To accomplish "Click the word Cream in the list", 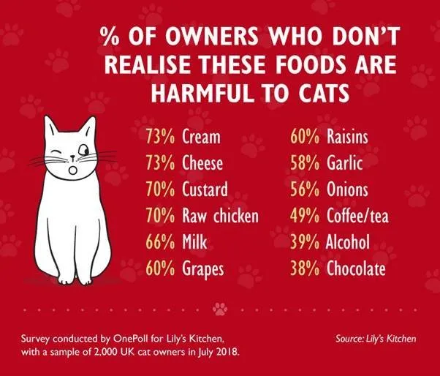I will coord(201,137).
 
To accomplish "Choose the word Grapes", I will coord(203,269).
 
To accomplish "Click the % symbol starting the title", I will coord(111,37).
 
